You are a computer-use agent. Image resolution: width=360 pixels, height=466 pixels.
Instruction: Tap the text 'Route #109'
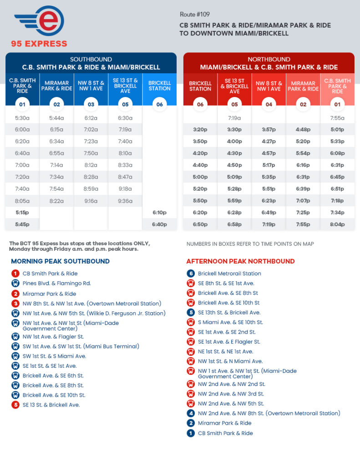click(194, 15)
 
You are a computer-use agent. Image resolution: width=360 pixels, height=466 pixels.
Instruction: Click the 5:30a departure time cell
click(22, 118)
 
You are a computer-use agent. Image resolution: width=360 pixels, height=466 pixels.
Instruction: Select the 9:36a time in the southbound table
click(125, 201)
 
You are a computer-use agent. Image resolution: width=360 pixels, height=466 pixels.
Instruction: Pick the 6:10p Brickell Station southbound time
click(159, 213)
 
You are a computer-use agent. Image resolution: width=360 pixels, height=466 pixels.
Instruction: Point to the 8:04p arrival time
click(337, 224)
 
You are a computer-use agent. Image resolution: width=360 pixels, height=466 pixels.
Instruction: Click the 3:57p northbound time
click(269, 130)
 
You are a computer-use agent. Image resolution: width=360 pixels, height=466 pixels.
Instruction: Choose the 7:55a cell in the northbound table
click(337, 118)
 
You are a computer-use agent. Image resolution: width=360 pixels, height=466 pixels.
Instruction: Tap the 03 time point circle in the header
click(91, 104)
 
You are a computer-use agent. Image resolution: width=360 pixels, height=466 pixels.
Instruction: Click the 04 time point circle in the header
click(269, 104)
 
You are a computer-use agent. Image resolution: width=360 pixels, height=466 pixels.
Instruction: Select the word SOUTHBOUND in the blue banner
click(91, 60)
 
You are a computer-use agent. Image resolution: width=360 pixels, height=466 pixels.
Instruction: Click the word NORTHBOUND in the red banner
click(269, 60)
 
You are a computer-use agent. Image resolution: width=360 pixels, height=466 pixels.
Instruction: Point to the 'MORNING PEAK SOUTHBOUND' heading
click(60, 261)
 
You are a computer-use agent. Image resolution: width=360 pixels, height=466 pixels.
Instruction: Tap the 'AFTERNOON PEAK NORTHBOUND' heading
click(240, 261)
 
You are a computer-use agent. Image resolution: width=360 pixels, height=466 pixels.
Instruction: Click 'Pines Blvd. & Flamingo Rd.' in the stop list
click(57, 284)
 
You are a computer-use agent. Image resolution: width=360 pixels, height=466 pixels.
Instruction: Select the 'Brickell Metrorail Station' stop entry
click(229, 274)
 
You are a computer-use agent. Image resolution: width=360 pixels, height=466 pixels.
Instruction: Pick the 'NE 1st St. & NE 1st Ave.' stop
click(225, 352)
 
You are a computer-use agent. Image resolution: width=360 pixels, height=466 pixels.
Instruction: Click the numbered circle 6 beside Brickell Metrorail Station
click(191, 274)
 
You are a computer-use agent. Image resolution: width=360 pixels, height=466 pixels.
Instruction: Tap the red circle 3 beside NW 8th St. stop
click(15, 304)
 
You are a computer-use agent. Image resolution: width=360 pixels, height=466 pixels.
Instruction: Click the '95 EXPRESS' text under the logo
click(39, 44)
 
